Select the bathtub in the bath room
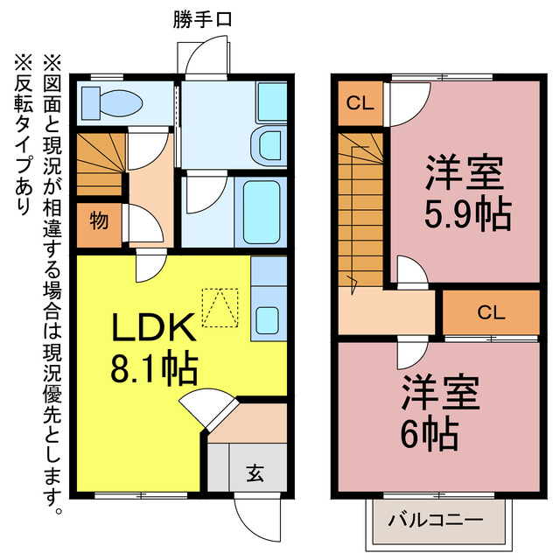[x=260, y=213]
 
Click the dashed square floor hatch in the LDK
[x=220, y=307]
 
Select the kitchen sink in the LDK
[x=269, y=320]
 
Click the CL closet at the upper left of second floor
[x=360, y=103]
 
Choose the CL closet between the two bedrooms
[x=490, y=311]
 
